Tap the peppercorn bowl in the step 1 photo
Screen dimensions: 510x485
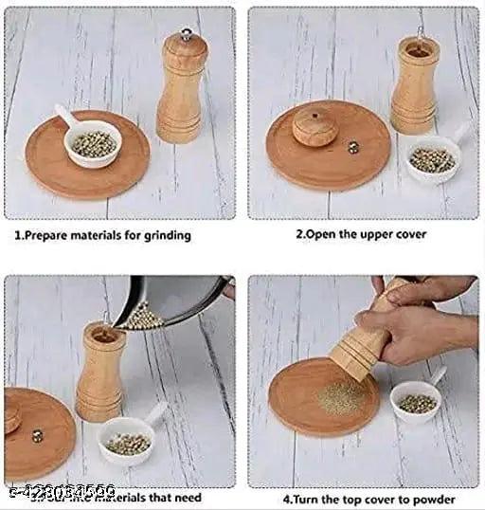[93, 145]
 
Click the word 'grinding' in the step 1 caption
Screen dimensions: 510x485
[161, 235]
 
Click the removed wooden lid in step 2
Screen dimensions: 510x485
[314, 126]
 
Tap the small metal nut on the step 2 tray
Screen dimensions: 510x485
[353, 147]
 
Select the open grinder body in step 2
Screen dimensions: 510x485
[415, 84]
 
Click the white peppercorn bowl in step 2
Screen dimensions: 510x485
[433, 159]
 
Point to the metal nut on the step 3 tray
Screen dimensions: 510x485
[38, 436]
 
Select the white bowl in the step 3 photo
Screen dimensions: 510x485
[129, 441]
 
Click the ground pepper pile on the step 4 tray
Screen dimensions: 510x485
[340, 398]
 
